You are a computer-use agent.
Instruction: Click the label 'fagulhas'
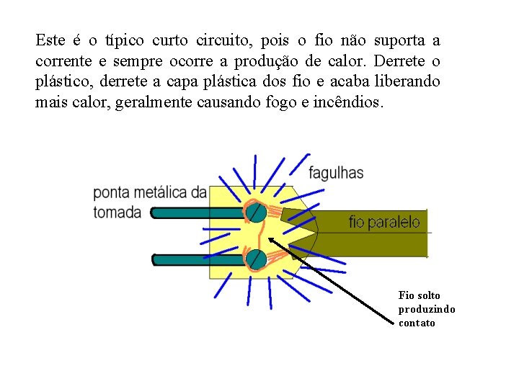tap(336, 173)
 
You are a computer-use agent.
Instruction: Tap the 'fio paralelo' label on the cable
tap(384, 222)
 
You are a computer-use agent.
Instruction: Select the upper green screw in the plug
tap(254, 212)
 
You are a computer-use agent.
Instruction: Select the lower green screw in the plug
tap(254, 259)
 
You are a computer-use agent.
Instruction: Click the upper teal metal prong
tap(180, 213)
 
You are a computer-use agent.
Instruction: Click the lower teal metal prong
tap(180, 259)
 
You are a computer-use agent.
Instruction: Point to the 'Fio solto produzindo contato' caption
tap(426, 309)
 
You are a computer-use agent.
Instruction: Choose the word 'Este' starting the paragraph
tap(49, 40)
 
